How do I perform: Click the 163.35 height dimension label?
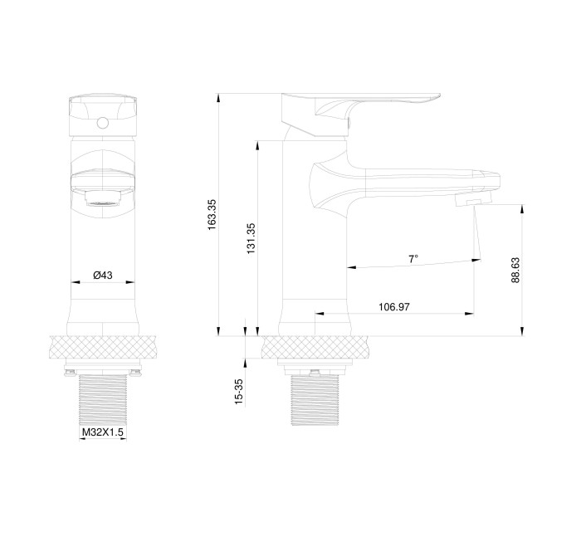pos(212,214)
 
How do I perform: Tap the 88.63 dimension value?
pos(515,271)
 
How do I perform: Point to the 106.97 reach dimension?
pos(395,307)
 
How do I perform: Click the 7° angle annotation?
pos(413,259)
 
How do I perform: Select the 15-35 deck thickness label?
pos(238,391)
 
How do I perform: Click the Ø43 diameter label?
pos(102,275)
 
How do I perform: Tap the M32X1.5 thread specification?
pos(102,433)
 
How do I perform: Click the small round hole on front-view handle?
pos(102,124)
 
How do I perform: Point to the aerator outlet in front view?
pos(102,199)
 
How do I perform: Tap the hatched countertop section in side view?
pos(315,346)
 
